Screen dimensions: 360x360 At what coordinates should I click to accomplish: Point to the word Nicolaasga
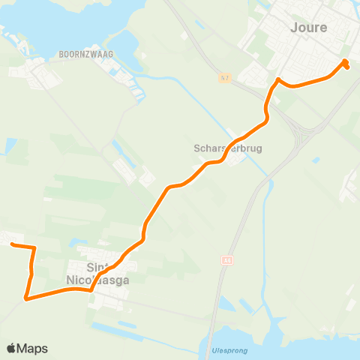pyautogui.click(x=98, y=280)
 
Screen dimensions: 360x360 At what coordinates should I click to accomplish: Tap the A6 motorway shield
pyautogui.click(x=226, y=260)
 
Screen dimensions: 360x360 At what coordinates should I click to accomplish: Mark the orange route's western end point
pyautogui.click(x=13, y=244)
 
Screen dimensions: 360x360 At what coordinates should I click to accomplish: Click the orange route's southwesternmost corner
pyautogui.click(x=27, y=298)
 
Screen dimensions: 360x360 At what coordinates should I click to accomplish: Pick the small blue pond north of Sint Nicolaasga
pyautogui.click(x=115, y=144)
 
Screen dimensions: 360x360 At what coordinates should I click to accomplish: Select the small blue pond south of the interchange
pyautogui.click(x=316, y=159)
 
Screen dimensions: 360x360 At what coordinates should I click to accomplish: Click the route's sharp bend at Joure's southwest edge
pyautogui.click(x=277, y=80)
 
